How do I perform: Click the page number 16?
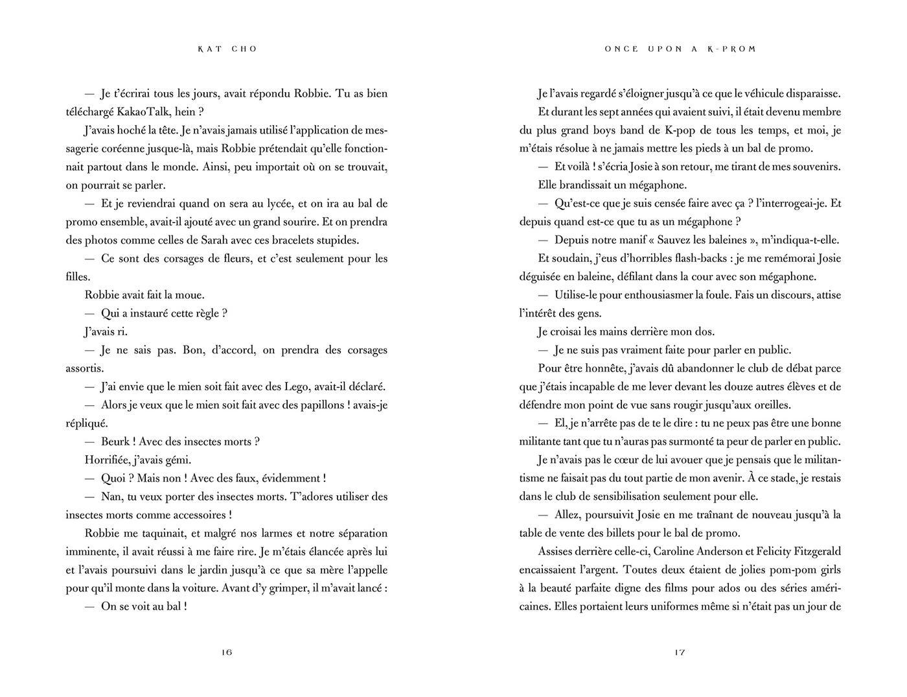(226, 652)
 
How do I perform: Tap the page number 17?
(680, 652)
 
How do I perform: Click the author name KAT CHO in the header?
(227, 49)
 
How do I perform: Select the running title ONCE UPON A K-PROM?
(680, 49)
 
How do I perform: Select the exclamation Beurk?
(116, 442)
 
